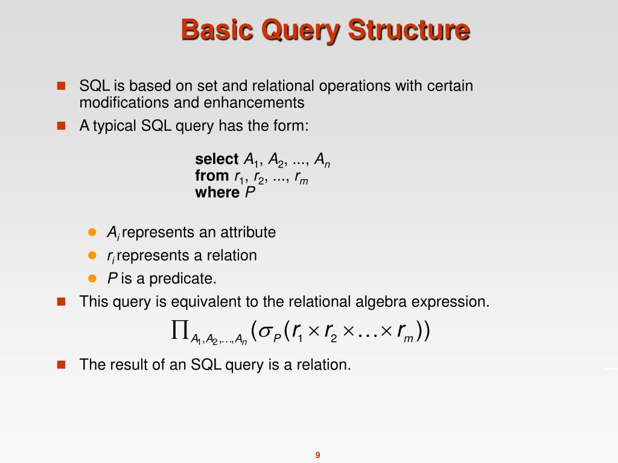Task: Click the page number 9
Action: tap(317, 455)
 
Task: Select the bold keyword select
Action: tap(217, 159)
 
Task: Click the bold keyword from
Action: tap(212, 176)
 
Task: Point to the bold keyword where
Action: tap(217, 192)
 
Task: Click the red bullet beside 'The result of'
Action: tap(60, 364)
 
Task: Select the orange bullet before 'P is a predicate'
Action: tap(92, 279)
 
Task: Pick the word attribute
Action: tap(247, 232)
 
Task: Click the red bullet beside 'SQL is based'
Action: tap(60, 86)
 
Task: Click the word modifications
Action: tap(125, 102)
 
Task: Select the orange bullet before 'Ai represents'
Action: tap(92, 232)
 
